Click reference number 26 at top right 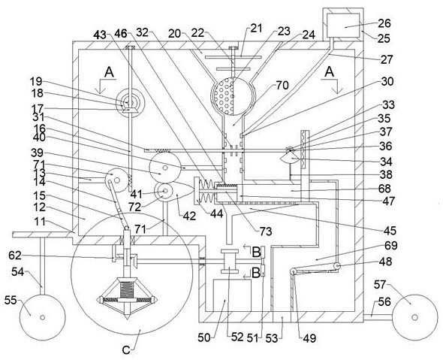pos(384,23)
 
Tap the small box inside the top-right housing pos(343,25)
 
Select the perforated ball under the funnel pos(233,95)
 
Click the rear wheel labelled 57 pos(414,317)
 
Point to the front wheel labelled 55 pos(42,317)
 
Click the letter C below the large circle pos(126,350)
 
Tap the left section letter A pos(109,72)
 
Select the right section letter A pos(329,72)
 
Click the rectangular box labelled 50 pos(232,295)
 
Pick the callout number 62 pos(15,256)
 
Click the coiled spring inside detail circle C pos(126,289)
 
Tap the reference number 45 pos(390,231)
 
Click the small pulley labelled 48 pos(337,266)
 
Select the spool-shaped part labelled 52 pos(229,261)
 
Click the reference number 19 pos(36,81)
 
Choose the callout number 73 pos(266,231)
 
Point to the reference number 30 pos(387,81)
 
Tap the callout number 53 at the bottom pos(272,338)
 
